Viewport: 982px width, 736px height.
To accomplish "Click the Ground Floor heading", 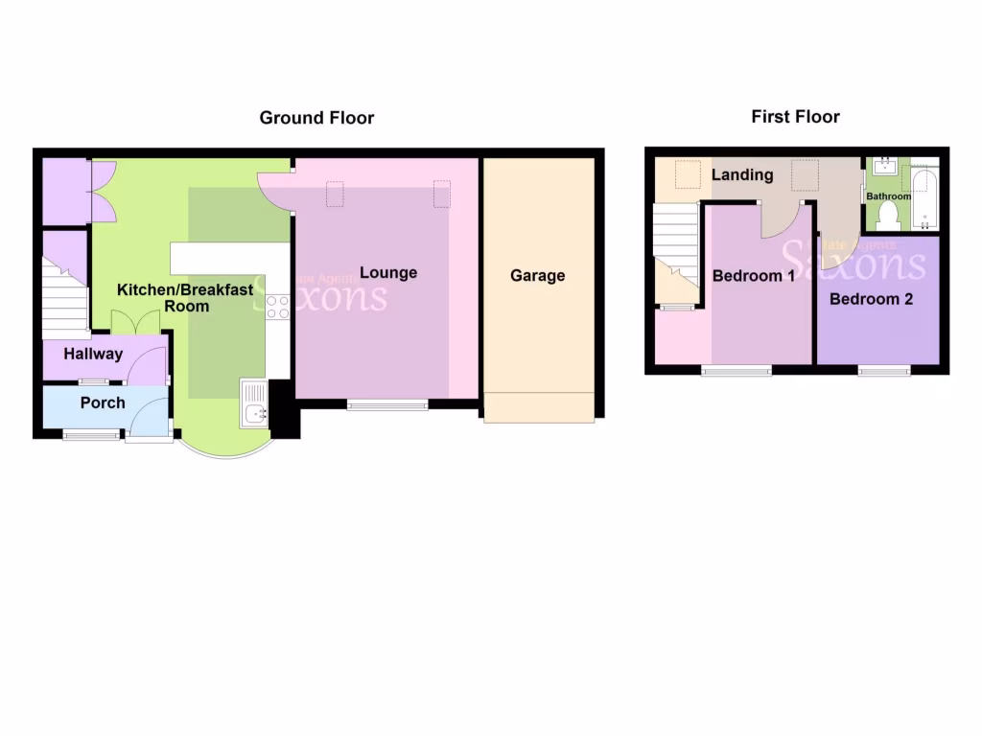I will click(316, 118).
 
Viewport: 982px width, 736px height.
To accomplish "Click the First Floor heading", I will click(795, 117).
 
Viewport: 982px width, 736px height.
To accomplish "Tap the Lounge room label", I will click(388, 273).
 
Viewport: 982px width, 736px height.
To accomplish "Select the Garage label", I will click(537, 276).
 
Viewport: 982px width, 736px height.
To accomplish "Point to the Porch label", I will click(103, 402).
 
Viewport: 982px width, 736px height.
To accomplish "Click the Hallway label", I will click(93, 354).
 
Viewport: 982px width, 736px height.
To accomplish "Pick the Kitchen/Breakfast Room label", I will click(185, 297).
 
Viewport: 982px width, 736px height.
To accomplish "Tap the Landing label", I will click(742, 174).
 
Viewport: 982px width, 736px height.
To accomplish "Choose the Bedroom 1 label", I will click(753, 276).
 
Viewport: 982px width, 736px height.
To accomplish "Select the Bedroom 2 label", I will click(871, 299).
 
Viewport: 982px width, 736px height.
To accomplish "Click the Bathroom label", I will click(888, 196).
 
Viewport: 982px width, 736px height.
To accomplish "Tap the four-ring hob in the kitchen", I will click(277, 307).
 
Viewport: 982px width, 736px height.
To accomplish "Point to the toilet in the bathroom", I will click(888, 215).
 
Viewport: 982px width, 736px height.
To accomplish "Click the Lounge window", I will click(387, 405).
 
